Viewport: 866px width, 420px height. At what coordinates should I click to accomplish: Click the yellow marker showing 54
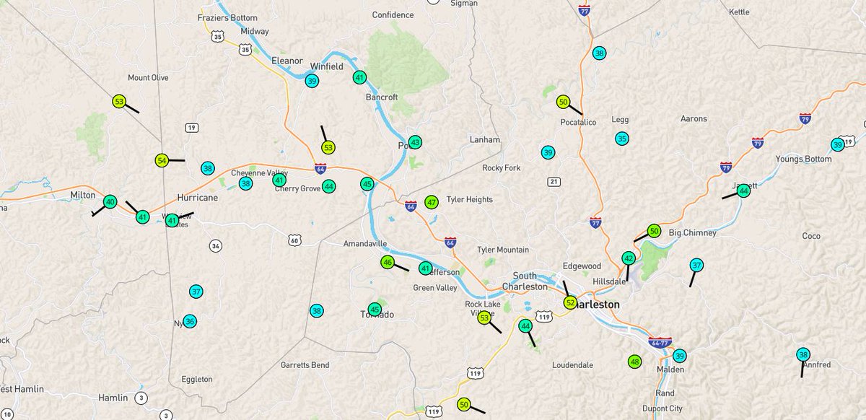(x=162, y=160)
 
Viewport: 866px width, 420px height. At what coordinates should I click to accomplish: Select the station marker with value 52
(x=570, y=302)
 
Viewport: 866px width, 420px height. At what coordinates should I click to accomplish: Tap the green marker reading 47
(x=432, y=202)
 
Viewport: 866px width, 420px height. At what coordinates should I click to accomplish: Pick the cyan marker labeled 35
(x=621, y=139)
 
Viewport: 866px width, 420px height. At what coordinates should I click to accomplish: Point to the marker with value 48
(x=634, y=362)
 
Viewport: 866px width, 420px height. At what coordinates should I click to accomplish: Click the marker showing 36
(x=190, y=321)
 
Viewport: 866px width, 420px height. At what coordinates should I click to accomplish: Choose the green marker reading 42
(x=629, y=258)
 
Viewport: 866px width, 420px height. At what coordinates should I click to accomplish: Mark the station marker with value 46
(x=388, y=262)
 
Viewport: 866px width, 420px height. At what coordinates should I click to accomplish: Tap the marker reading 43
(x=415, y=142)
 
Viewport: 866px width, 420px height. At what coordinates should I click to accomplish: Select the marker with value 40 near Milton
(x=110, y=202)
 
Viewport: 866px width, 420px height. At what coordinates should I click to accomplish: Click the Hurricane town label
(x=197, y=198)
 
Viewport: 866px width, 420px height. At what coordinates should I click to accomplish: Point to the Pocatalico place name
(x=578, y=123)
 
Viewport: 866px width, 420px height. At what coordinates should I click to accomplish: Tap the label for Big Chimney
(x=692, y=233)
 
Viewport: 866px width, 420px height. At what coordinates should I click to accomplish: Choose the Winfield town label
(x=326, y=66)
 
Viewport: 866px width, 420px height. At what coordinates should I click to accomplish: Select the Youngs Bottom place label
(x=803, y=159)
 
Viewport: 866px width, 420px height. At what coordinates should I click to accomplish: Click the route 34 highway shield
(x=216, y=245)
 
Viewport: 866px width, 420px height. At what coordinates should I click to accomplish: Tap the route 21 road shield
(x=552, y=181)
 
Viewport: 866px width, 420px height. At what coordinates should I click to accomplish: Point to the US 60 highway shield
(x=294, y=240)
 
